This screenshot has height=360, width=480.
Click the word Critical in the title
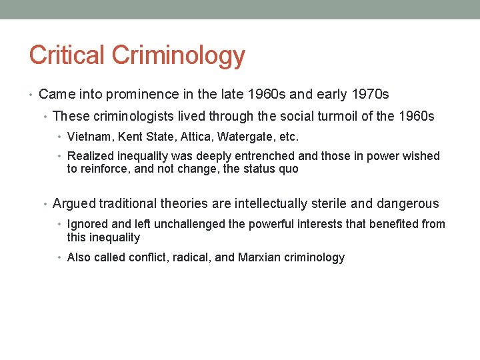[x=67, y=55]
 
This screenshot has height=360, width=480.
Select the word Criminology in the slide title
[x=178, y=56]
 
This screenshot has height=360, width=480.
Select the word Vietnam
[x=89, y=137]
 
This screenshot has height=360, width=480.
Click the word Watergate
[x=246, y=137]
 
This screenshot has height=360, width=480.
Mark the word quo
[x=289, y=169]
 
